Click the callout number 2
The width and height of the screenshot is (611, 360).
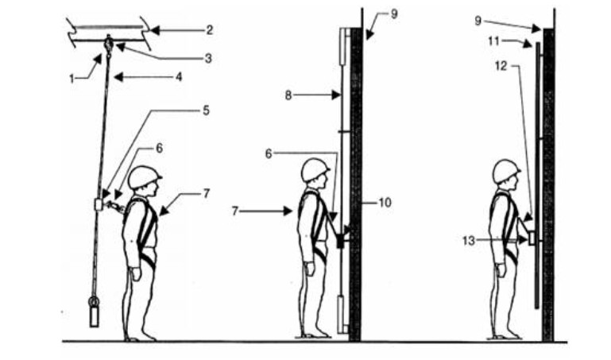(x=210, y=30)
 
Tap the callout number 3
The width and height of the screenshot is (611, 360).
(x=208, y=59)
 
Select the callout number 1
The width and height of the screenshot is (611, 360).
(x=72, y=79)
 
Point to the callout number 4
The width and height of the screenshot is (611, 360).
(x=179, y=77)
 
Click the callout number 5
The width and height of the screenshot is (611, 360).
(x=206, y=110)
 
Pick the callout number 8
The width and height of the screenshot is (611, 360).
(x=288, y=95)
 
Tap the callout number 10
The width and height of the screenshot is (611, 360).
(x=385, y=203)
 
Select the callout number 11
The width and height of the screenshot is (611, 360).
(x=493, y=41)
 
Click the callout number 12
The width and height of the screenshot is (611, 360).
(x=501, y=66)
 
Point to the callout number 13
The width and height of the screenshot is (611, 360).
(x=469, y=241)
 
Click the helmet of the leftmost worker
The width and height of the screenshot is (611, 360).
(x=144, y=177)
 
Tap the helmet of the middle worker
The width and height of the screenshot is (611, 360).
(x=315, y=169)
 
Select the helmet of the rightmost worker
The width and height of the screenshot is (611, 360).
(x=506, y=171)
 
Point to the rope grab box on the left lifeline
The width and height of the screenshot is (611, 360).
(x=99, y=204)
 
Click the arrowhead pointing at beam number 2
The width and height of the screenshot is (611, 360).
(x=155, y=30)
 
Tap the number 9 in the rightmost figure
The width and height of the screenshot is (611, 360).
(x=478, y=21)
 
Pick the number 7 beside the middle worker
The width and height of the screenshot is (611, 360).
(x=234, y=211)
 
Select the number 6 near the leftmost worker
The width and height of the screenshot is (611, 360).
(x=159, y=148)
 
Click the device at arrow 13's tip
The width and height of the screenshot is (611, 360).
(x=532, y=238)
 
